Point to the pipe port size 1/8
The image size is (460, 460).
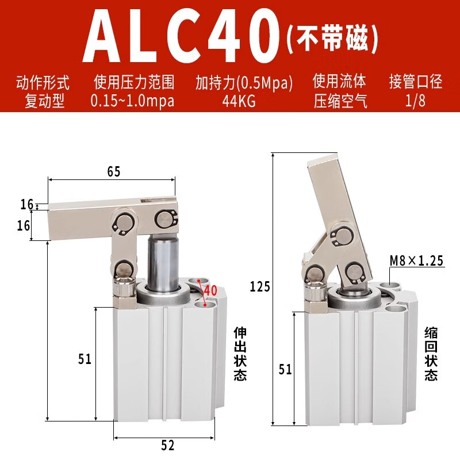415,102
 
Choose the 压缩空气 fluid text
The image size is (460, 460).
340,102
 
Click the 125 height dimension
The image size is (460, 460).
260,286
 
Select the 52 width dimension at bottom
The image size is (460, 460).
167,445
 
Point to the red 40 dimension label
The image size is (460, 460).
210,290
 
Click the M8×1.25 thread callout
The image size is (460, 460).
416,261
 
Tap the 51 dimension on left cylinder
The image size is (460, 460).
85,359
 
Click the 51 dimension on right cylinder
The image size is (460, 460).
285,370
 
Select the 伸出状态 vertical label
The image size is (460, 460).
240,354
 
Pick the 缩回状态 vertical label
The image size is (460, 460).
431,354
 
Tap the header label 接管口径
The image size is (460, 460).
415,82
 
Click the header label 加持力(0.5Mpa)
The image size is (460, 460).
244,82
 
